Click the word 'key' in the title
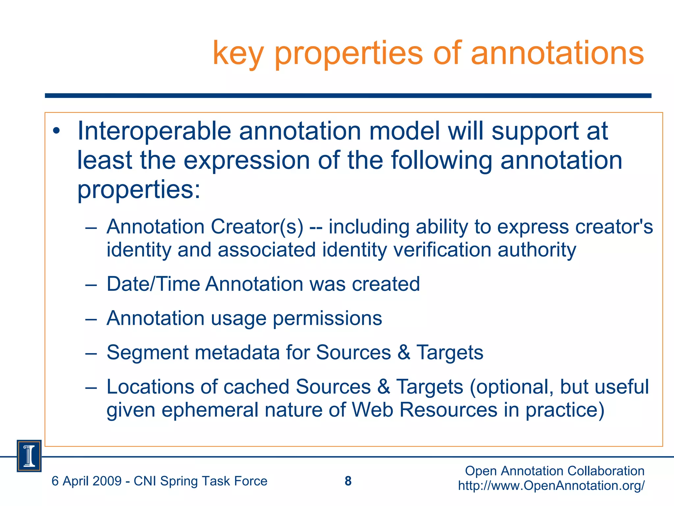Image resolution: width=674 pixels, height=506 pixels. point(238,54)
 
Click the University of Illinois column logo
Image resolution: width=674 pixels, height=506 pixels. point(29,456)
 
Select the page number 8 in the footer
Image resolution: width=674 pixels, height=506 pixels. point(348,481)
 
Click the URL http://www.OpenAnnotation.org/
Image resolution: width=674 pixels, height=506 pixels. point(551,486)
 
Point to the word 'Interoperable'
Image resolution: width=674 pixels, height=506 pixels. point(154,131)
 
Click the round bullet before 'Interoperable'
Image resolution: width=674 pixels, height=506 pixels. point(57,131)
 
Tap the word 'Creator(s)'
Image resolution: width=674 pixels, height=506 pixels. point(257,227)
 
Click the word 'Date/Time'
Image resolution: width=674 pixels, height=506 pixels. point(153,284)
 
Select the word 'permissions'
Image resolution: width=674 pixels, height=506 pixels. point(327,319)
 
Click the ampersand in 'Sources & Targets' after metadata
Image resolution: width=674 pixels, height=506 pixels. point(404,352)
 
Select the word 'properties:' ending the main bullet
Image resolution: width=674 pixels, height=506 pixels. point(139,190)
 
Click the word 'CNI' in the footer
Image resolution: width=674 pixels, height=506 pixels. point(145,481)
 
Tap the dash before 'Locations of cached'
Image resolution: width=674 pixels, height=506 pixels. point(91,388)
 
